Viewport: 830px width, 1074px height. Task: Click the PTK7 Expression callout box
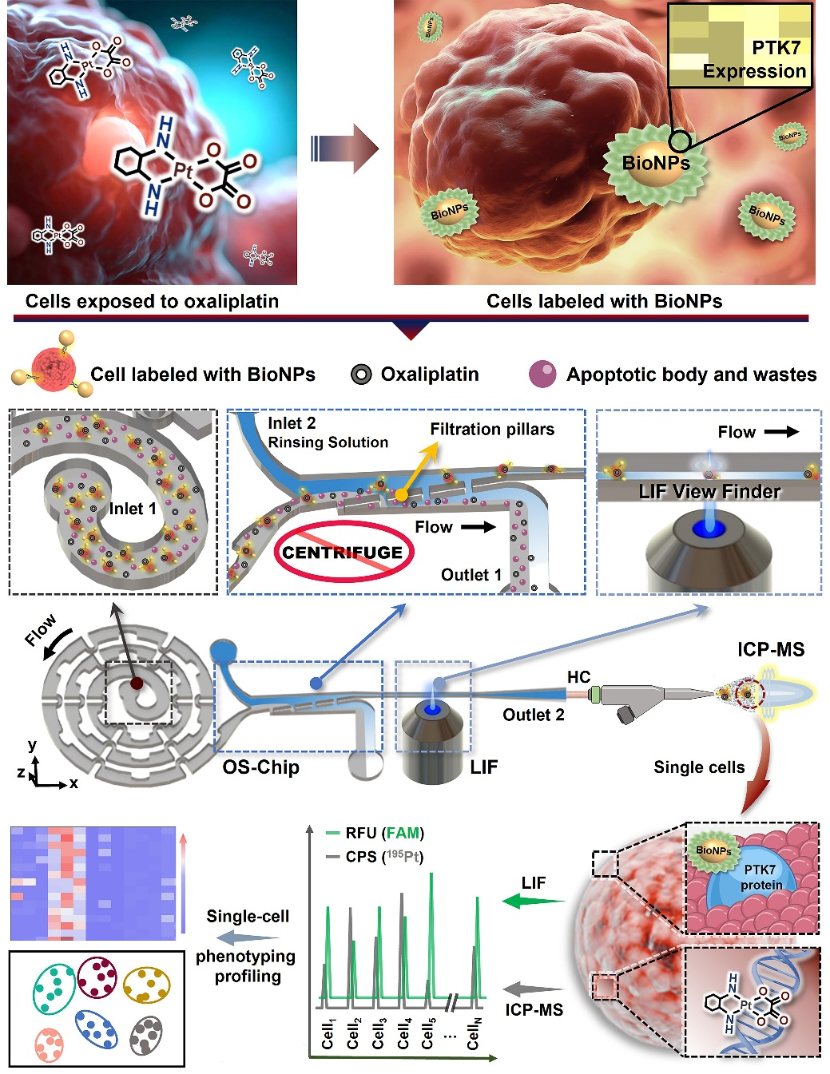point(739,46)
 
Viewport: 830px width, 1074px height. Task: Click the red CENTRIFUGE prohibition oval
point(344,552)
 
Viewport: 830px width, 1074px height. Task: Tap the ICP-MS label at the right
point(770,649)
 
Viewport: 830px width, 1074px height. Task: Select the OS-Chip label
point(260,767)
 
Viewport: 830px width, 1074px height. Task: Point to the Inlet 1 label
point(133,509)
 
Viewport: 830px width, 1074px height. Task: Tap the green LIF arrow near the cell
point(533,902)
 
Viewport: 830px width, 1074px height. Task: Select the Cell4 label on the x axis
point(404,1032)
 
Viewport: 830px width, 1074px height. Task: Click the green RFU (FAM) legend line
point(333,834)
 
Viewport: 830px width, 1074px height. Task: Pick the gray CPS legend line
point(333,857)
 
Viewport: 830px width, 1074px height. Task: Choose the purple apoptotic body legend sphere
point(542,375)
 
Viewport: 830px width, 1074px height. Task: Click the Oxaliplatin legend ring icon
point(361,375)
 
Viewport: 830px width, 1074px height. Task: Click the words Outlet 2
point(533,715)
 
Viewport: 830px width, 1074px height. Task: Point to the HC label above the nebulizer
point(578,677)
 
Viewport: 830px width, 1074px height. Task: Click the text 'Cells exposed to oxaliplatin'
point(152,301)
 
